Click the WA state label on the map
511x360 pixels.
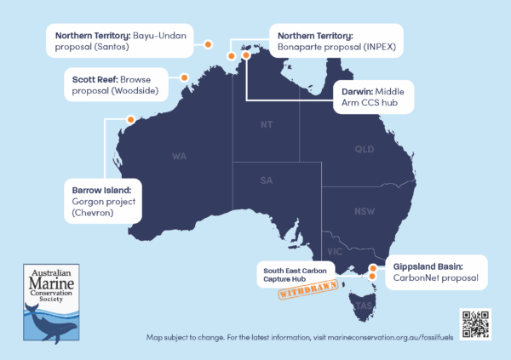180,157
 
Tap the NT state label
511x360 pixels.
267,125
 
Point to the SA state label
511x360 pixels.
267,180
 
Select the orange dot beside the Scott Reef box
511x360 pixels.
184,77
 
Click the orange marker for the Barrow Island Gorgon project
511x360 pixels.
131,119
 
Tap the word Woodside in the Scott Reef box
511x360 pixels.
135,91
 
